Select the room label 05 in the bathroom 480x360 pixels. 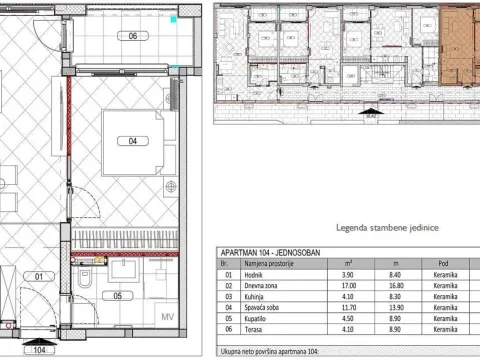point(117,295)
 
